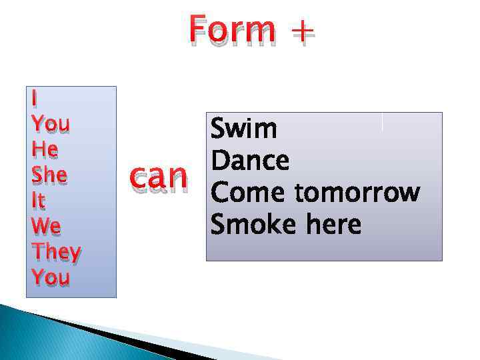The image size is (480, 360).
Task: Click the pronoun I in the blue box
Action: (35, 99)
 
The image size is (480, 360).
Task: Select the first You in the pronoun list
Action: (51, 124)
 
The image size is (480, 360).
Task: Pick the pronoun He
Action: (45, 150)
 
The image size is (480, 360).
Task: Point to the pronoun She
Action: (49, 175)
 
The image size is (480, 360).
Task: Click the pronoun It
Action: (39, 201)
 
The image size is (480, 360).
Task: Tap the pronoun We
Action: (46, 227)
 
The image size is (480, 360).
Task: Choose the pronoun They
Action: (56, 253)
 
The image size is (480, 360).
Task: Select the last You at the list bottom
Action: (51, 277)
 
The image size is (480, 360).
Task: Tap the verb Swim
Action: (243, 129)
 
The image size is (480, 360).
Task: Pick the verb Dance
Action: (250, 161)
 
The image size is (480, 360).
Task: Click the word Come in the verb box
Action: (249, 193)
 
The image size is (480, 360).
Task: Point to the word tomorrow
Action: (357, 193)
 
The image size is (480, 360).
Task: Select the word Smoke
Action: (254, 225)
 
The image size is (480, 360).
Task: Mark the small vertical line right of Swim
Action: (382, 122)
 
